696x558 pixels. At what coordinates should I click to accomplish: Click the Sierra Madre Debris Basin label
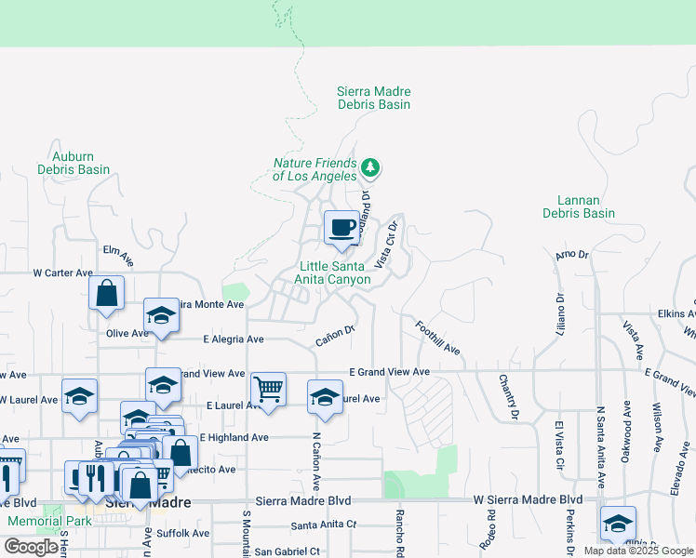(x=373, y=99)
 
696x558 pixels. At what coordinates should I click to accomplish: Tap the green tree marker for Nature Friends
(x=371, y=167)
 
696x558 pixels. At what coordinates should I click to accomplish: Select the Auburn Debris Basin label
(x=74, y=164)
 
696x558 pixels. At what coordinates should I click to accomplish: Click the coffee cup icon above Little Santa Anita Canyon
(x=341, y=229)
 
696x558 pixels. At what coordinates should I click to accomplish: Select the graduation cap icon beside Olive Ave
(x=161, y=316)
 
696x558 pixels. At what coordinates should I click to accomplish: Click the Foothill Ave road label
(x=438, y=338)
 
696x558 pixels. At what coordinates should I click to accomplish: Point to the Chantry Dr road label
(x=506, y=394)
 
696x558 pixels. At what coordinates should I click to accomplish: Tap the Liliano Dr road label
(x=561, y=317)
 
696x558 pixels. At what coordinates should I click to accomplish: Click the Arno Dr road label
(x=571, y=254)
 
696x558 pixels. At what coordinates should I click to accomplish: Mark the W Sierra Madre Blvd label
(x=528, y=499)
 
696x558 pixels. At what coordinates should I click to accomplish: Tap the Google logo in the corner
(x=31, y=547)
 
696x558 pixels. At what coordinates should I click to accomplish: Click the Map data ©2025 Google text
(x=637, y=551)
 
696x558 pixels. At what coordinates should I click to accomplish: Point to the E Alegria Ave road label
(x=228, y=339)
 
